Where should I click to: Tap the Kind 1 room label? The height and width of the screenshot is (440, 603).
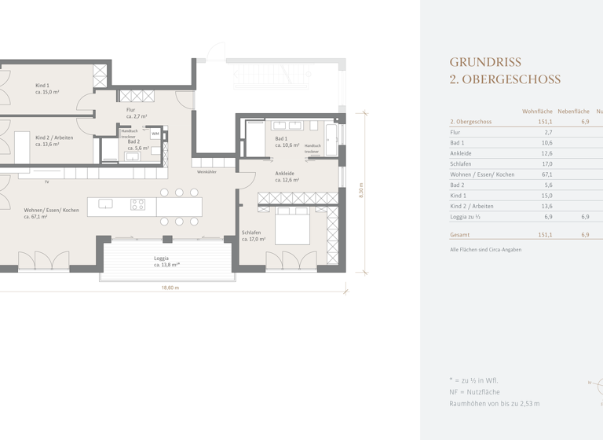pos(42,85)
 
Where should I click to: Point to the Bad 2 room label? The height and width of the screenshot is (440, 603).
pos(133,141)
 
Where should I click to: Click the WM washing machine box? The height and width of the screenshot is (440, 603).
pos(155,134)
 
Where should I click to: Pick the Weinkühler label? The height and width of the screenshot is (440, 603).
pos(206,171)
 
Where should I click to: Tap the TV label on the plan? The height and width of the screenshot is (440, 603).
pos(47,181)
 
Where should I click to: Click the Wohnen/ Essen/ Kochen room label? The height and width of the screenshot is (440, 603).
pos(52,210)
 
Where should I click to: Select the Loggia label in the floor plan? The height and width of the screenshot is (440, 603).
pos(162,258)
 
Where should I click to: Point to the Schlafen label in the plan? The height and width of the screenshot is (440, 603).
pos(251,233)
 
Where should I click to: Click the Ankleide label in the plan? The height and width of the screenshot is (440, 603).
pos(284,173)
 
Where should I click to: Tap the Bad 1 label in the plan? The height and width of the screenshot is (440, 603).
pos(281,138)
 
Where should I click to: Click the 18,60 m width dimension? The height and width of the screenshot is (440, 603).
pos(170,288)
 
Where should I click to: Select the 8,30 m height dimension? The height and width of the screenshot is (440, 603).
pos(361,192)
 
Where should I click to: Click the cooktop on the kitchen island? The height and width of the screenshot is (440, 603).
pos(137,204)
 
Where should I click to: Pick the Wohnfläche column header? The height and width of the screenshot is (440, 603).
pos(537,112)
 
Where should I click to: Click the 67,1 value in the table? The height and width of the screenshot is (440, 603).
pos(545,174)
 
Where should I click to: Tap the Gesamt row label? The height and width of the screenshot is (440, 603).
pos(460,234)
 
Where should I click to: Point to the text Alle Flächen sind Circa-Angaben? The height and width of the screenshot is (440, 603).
pos(485,250)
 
